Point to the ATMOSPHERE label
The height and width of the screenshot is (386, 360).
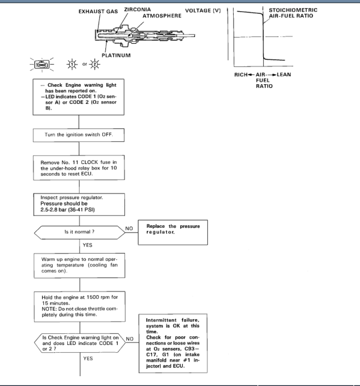161,16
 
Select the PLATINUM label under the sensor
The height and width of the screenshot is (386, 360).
116,55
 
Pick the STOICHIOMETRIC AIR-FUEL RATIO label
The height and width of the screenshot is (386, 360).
290,12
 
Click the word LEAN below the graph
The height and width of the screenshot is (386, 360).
284,74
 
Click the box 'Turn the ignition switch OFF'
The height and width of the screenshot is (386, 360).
79,135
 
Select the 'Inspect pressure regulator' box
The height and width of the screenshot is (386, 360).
79,204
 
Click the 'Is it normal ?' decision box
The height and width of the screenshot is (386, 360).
79,232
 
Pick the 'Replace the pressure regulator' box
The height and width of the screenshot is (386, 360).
173,232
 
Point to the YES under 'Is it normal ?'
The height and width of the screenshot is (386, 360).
87,245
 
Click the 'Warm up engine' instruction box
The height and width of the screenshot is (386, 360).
79,267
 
